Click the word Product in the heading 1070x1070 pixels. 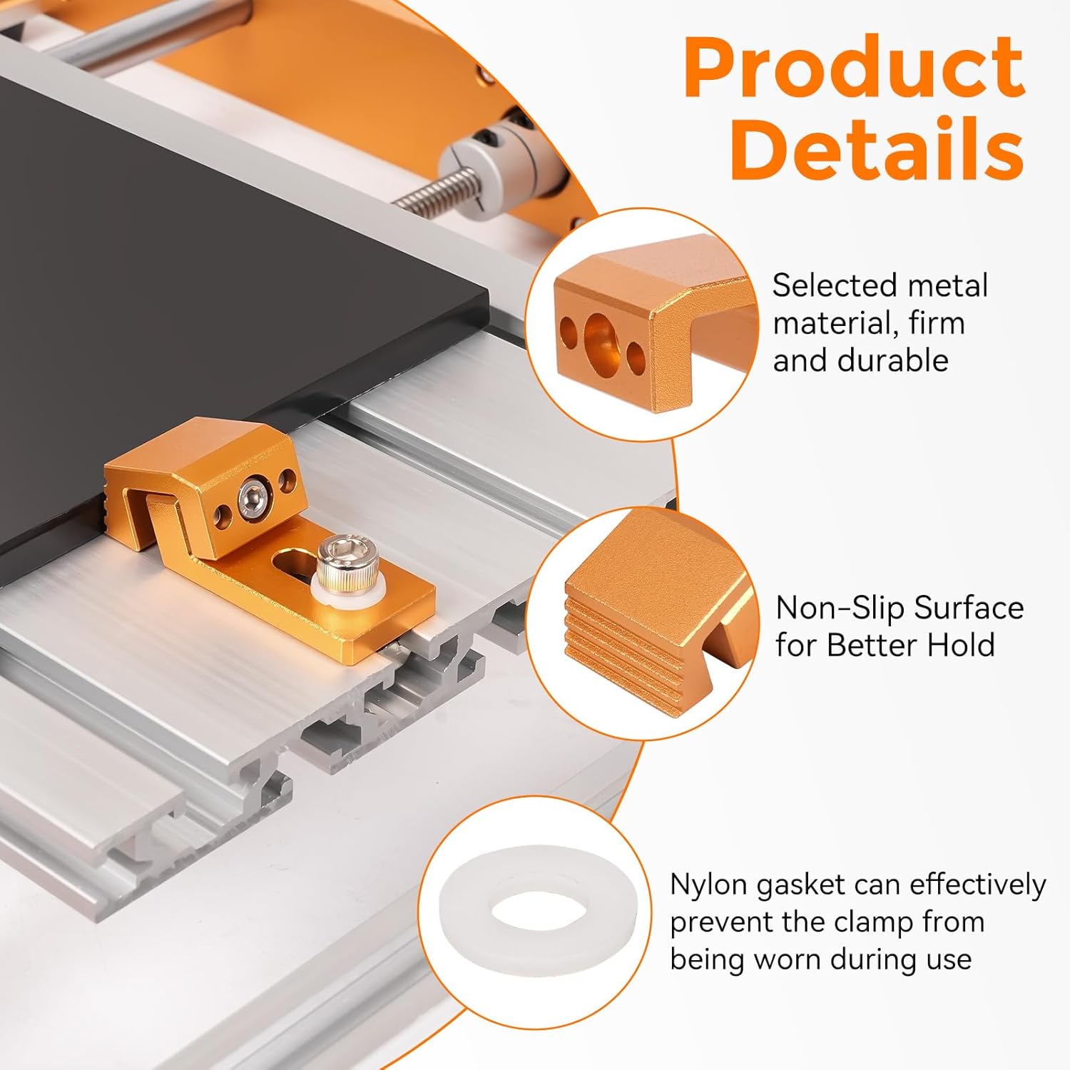point(855,68)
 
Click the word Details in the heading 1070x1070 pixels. point(877,149)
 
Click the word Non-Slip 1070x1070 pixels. point(840,608)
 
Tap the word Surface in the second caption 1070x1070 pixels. point(969,608)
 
